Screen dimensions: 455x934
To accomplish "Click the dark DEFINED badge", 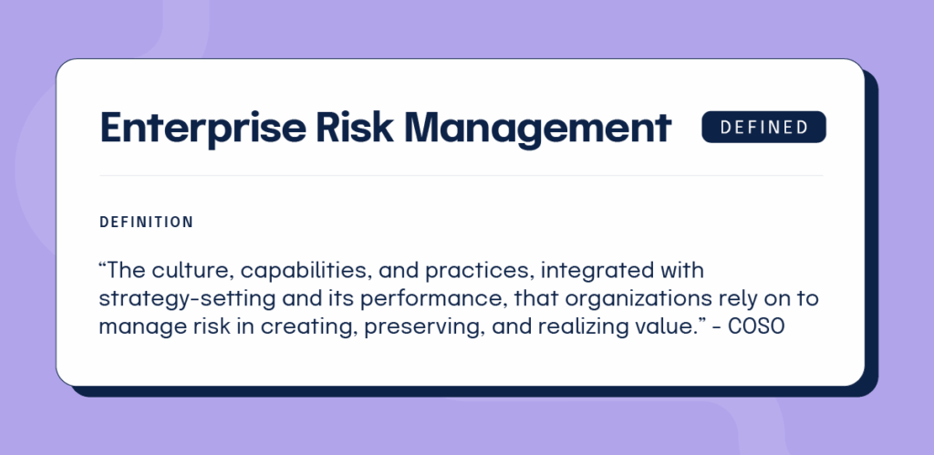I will (x=763, y=128).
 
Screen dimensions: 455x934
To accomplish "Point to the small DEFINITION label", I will (x=146, y=222).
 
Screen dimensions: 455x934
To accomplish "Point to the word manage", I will (x=130, y=327).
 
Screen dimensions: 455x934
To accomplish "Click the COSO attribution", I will (x=757, y=327).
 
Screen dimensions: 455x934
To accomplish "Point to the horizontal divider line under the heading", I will (x=461, y=175).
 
